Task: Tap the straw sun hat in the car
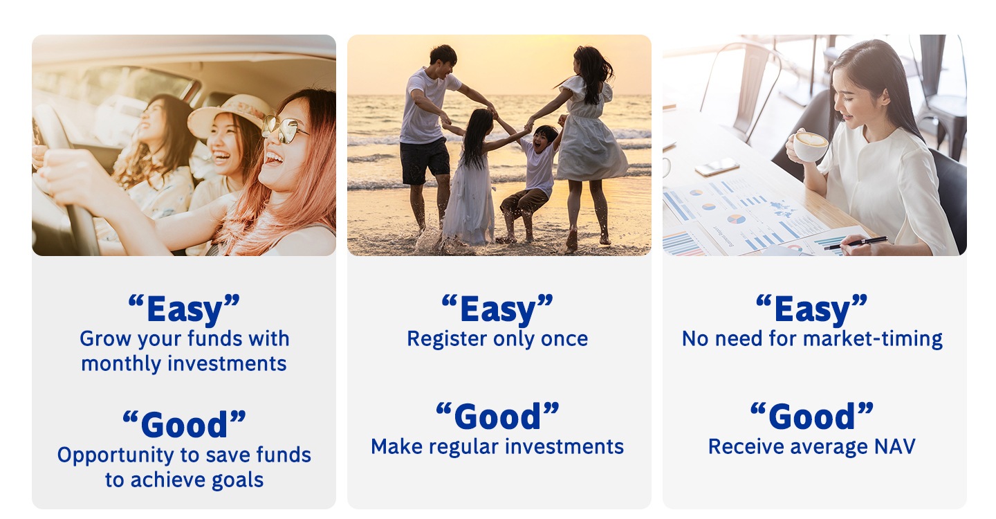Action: click(230, 114)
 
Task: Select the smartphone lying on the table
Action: click(717, 167)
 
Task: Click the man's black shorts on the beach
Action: click(424, 161)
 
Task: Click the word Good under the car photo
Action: click(184, 424)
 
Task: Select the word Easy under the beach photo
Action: click(498, 309)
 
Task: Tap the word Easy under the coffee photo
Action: click(812, 309)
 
